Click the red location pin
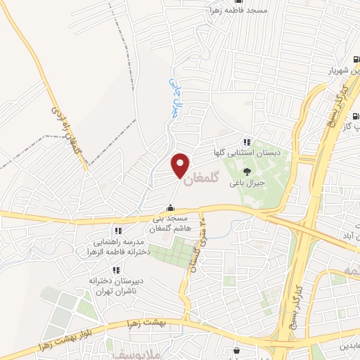181,165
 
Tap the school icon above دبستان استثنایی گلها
246,142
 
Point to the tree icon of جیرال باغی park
246,171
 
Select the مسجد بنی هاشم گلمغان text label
169,224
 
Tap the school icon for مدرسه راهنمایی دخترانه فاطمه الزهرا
118,231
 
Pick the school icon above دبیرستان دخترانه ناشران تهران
115,269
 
